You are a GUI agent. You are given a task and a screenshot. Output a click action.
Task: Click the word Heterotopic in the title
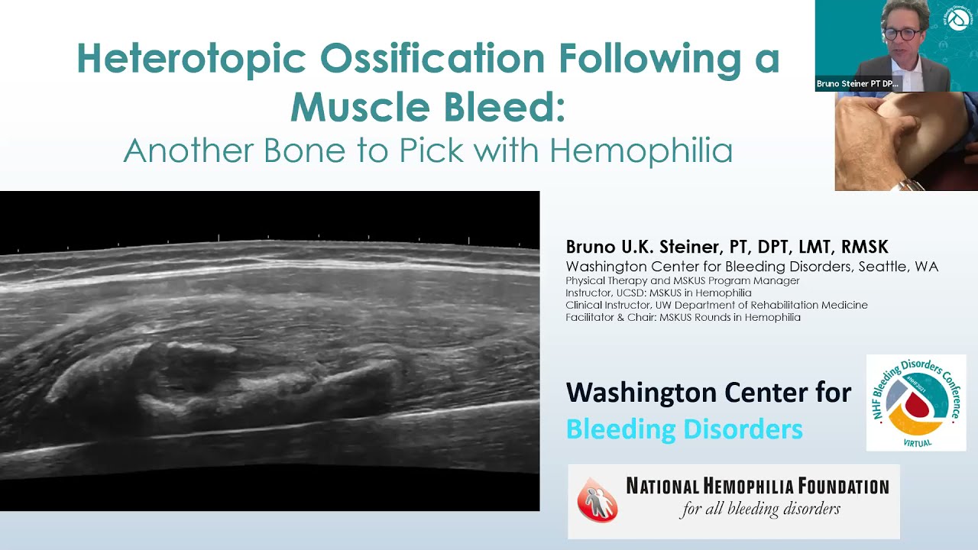(191, 59)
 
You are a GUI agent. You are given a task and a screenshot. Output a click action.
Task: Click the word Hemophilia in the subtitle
(640, 151)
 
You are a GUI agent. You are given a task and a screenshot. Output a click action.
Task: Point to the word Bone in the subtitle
(304, 151)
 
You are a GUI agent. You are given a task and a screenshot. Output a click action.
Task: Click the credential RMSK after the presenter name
(864, 247)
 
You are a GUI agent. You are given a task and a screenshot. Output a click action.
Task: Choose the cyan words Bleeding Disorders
(684, 429)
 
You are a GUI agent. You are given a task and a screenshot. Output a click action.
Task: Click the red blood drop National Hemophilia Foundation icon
(597, 500)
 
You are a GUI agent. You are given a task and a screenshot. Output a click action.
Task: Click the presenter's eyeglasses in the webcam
(902, 34)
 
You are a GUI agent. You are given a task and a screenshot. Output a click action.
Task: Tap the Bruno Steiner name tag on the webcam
(857, 83)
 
